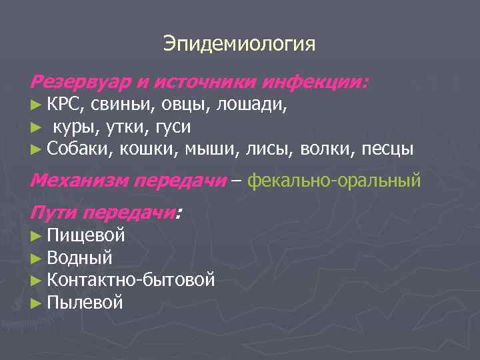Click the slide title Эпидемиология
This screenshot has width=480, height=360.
click(239, 45)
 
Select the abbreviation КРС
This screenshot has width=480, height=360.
click(65, 105)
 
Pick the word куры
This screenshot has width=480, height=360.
click(75, 126)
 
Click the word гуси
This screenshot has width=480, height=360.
click(173, 126)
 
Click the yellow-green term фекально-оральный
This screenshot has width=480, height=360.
click(334, 180)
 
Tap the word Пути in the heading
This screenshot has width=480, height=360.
click(53, 213)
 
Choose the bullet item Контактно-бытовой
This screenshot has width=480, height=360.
click(131, 279)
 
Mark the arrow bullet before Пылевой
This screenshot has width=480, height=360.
click(37, 303)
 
